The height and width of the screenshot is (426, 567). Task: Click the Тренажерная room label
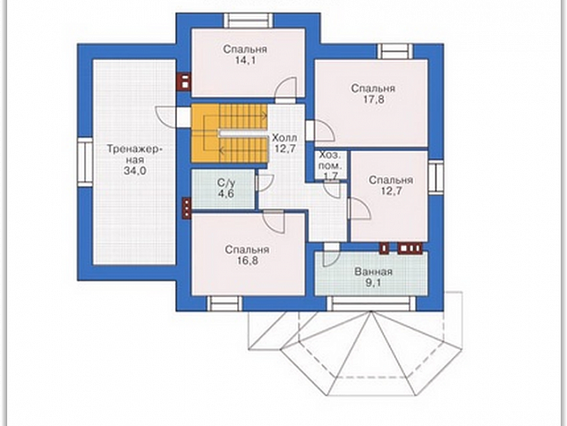pos(135,154)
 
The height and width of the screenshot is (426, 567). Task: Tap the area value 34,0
pos(135,170)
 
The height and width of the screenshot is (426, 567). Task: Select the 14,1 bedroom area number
pos(245,60)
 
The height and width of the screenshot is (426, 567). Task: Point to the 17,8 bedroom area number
pos(373,99)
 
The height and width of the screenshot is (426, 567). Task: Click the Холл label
pos(284,138)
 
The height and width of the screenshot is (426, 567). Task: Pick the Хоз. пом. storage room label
pos(330,161)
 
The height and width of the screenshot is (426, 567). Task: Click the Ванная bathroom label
pos(373,272)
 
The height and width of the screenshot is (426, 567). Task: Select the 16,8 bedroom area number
pos(247,260)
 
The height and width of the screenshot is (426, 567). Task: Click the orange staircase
pos(229,133)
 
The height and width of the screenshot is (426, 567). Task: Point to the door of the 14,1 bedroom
pos(286,89)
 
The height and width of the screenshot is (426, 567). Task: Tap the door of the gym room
pos(166,116)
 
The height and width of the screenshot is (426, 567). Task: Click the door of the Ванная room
pos(331,255)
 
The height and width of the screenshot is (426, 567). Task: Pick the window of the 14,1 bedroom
pos(248,21)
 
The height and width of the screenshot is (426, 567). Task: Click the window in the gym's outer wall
pos(86,162)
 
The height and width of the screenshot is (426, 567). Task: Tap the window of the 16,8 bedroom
pos(224,303)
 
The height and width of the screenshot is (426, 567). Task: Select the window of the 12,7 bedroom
pos(436,177)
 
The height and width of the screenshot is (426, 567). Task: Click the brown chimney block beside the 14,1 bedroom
pos(184,81)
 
